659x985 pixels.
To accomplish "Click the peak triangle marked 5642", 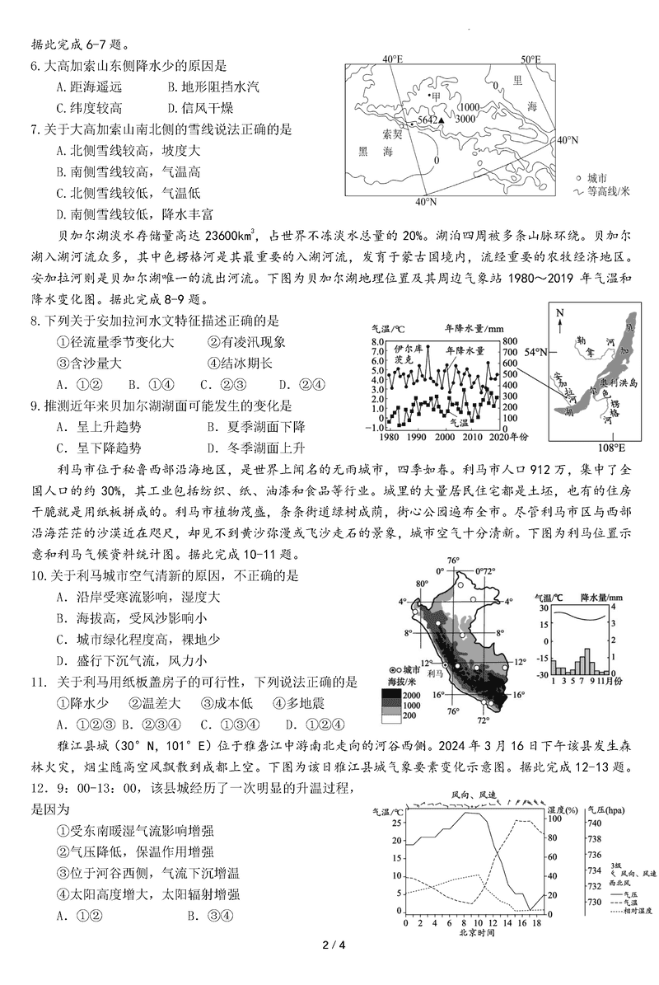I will (x=442, y=120).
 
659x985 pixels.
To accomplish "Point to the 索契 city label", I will (x=393, y=133).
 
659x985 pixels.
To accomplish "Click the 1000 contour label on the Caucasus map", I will (x=470, y=107).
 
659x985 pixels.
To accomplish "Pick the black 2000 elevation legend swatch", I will (x=390, y=697).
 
